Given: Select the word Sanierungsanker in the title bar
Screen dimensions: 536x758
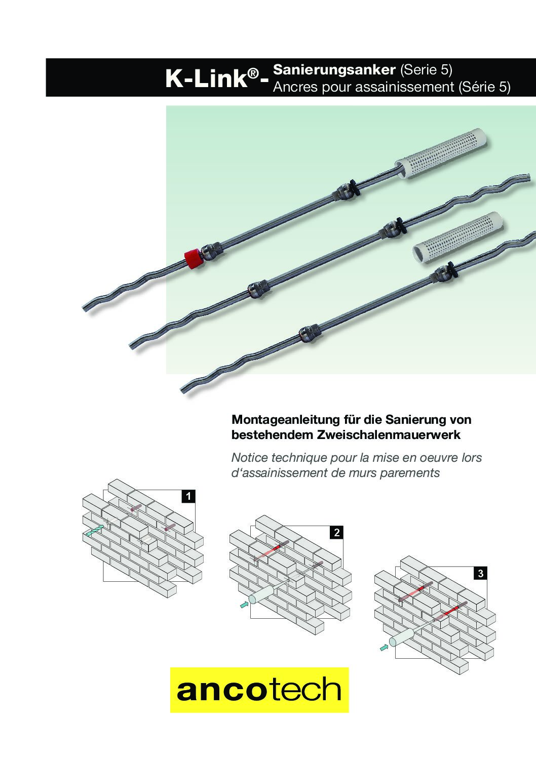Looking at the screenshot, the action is pyautogui.click(x=334, y=70).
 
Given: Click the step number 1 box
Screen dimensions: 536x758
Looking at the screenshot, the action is pyautogui.click(x=188, y=496).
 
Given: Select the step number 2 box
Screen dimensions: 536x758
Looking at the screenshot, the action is pyautogui.click(x=336, y=533).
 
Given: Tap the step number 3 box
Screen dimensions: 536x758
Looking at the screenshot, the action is pyautogui.click(x=480, y=573).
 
